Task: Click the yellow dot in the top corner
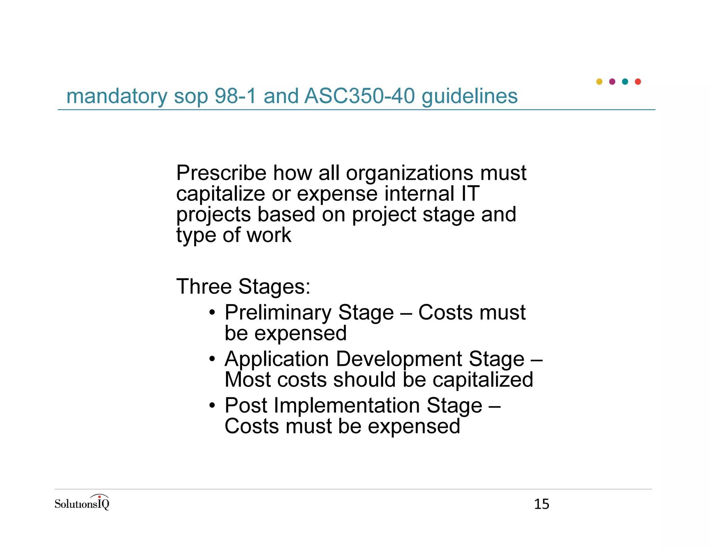(599, 82)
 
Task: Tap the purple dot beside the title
(612, 82)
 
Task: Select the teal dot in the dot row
(625, 82)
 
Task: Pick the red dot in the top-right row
(638, 82)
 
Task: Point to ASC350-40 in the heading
(360, 96)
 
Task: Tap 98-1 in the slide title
(235, 96)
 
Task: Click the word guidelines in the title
(469, 96)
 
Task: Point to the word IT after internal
(470, 193)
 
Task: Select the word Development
(399, 359)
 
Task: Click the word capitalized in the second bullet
(483, 380)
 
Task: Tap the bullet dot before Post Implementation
(212, 405)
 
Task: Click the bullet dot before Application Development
(212, 359)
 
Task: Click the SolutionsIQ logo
(82, 503)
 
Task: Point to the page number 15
(542, 504)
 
